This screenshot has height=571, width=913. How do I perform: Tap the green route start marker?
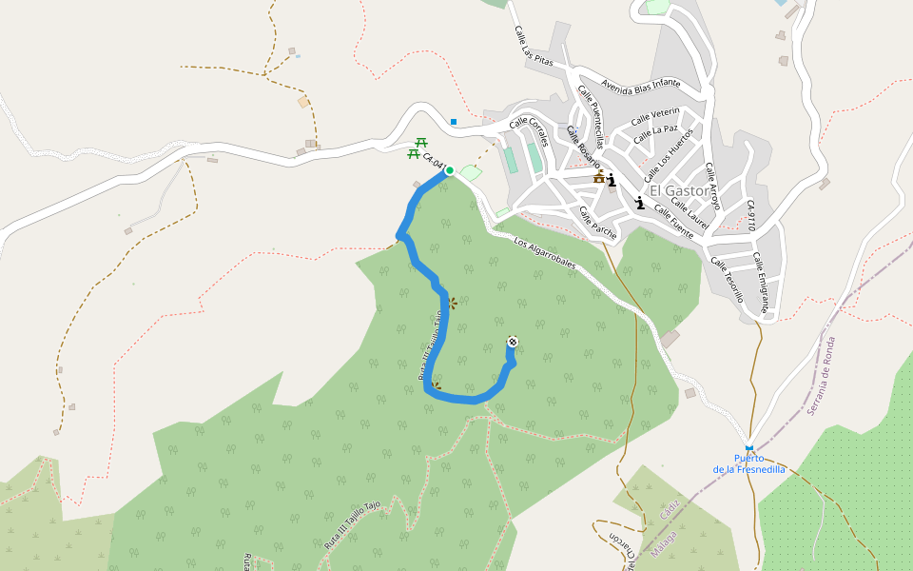pyautogui.click(x=449, y=171)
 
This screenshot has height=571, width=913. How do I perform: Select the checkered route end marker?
pyautogui.click(x=513, y=342)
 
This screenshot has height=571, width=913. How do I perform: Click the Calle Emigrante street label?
pyautogui.click(x=760, y=283)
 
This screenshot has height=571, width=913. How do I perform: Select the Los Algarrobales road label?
pyautogui.click(x=545, y=255)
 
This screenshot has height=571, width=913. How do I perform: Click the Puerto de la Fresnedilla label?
pyautogui.click(x=749, y=463)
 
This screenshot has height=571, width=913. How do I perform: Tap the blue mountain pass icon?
pyautogui.click(x=749, y=447)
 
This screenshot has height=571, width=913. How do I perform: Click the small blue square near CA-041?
pyautogui.click(x=454, y=122)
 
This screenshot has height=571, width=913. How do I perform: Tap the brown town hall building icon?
pyautogui.click(x=599, y=177)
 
